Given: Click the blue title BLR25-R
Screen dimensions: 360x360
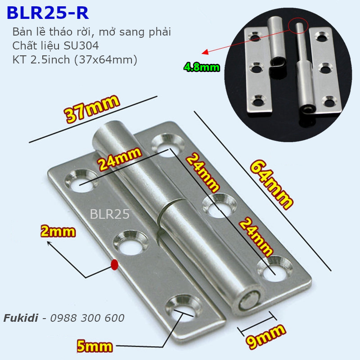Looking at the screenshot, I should [x=48, y=13].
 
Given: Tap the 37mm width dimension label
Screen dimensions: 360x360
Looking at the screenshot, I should [x=93, y=109].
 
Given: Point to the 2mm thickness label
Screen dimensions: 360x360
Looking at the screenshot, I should [x=58, y=232].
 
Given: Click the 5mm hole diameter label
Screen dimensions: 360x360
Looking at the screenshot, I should [x=95, y=346].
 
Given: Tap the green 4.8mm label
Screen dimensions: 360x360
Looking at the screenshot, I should [x=202, y=68].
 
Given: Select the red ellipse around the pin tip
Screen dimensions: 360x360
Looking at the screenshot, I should [x=298, y=26].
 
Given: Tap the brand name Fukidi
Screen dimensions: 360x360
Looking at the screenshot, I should [x=20, y=318].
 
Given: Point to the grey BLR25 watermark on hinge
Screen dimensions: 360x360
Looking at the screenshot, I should [x=110, y=214].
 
